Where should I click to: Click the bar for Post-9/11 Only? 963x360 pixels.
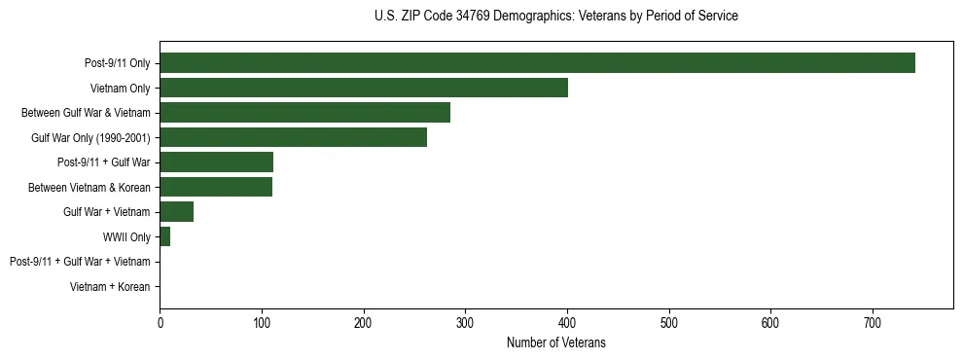click(537, 63)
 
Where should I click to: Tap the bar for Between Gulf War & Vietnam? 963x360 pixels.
click(304, 113)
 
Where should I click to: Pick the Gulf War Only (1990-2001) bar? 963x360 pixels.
click(293, 137)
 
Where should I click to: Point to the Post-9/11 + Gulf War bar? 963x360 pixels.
click(216, 162)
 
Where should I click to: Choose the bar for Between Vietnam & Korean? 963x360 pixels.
click(216, 187)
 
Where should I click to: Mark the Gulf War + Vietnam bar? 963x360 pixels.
click(176, 211)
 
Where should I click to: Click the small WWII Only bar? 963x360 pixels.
click(164, 236)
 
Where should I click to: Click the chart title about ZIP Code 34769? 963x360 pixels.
click(555, 17)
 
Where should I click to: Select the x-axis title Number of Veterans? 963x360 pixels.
click(555, 342)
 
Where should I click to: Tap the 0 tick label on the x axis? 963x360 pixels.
click(160, 322)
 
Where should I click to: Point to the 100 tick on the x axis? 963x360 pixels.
click(262, 322)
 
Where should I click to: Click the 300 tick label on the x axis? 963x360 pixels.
click(465, 322)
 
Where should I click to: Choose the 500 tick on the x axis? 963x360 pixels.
click(669, 322)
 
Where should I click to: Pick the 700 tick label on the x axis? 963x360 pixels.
click(873, 322)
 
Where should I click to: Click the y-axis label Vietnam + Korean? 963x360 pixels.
click(110, 287)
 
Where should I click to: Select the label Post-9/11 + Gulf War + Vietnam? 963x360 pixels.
click(80, 262)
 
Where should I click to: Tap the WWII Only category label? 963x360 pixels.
click(126, 236)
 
